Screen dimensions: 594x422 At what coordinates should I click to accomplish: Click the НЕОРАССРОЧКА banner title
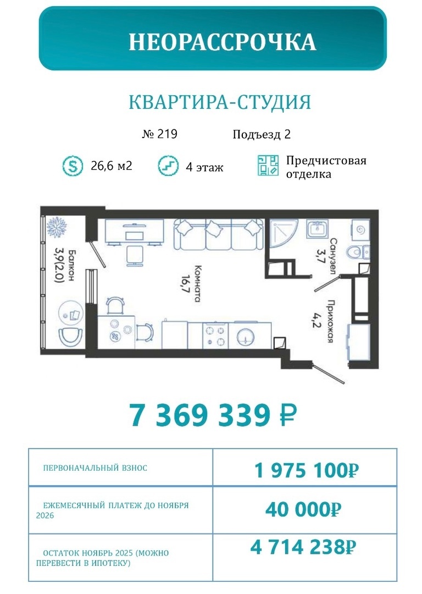pyautogui.click(x=222, y=42)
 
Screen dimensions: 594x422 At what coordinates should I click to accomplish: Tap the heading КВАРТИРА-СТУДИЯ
pyautogui.click(x=220, y=102)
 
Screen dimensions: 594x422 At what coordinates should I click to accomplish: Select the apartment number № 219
pyautogui.click(x=159, y=134)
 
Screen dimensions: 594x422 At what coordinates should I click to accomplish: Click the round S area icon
pyautogui.click(x=72, y=166)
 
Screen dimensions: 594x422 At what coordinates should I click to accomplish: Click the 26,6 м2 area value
pyautogui.click(x=112, y=166)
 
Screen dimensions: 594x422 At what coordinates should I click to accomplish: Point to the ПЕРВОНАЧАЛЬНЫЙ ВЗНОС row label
pyautogui.click(x=95, y=468)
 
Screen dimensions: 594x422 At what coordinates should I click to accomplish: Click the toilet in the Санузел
pyautogui.click(x=356, y=251)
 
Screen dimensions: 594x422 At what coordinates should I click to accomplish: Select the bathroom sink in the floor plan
pyautogui.click(x=317, y=228)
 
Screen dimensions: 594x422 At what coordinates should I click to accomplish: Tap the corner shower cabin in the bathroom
pyautogui.click(x=282, y=234)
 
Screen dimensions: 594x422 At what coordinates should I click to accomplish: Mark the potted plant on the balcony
pyautogui.click(x=55, y=226)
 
